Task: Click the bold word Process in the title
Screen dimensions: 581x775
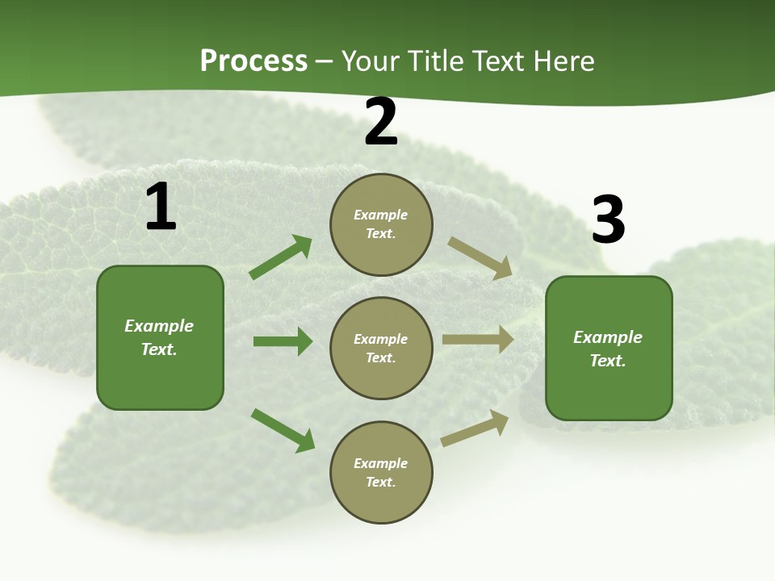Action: (253, 61)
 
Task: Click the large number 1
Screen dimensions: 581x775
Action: (161, 207)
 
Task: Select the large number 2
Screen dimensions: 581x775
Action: (381, 123)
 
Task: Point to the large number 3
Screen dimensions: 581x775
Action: (608, 220)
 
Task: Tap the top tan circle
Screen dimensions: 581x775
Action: (381, 224)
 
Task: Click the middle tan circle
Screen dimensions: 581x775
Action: (381, 348)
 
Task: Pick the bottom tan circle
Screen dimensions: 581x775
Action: (381, 472)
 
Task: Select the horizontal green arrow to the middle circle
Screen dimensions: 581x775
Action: (283, 341)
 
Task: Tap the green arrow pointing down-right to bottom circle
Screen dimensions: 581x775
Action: (283, 430)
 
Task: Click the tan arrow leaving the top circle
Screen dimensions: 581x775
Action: (480, 257)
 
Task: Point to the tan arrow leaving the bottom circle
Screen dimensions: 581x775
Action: (475, 428)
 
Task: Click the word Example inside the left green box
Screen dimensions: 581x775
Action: (159, 326)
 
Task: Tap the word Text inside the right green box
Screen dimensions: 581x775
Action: (606, 361)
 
